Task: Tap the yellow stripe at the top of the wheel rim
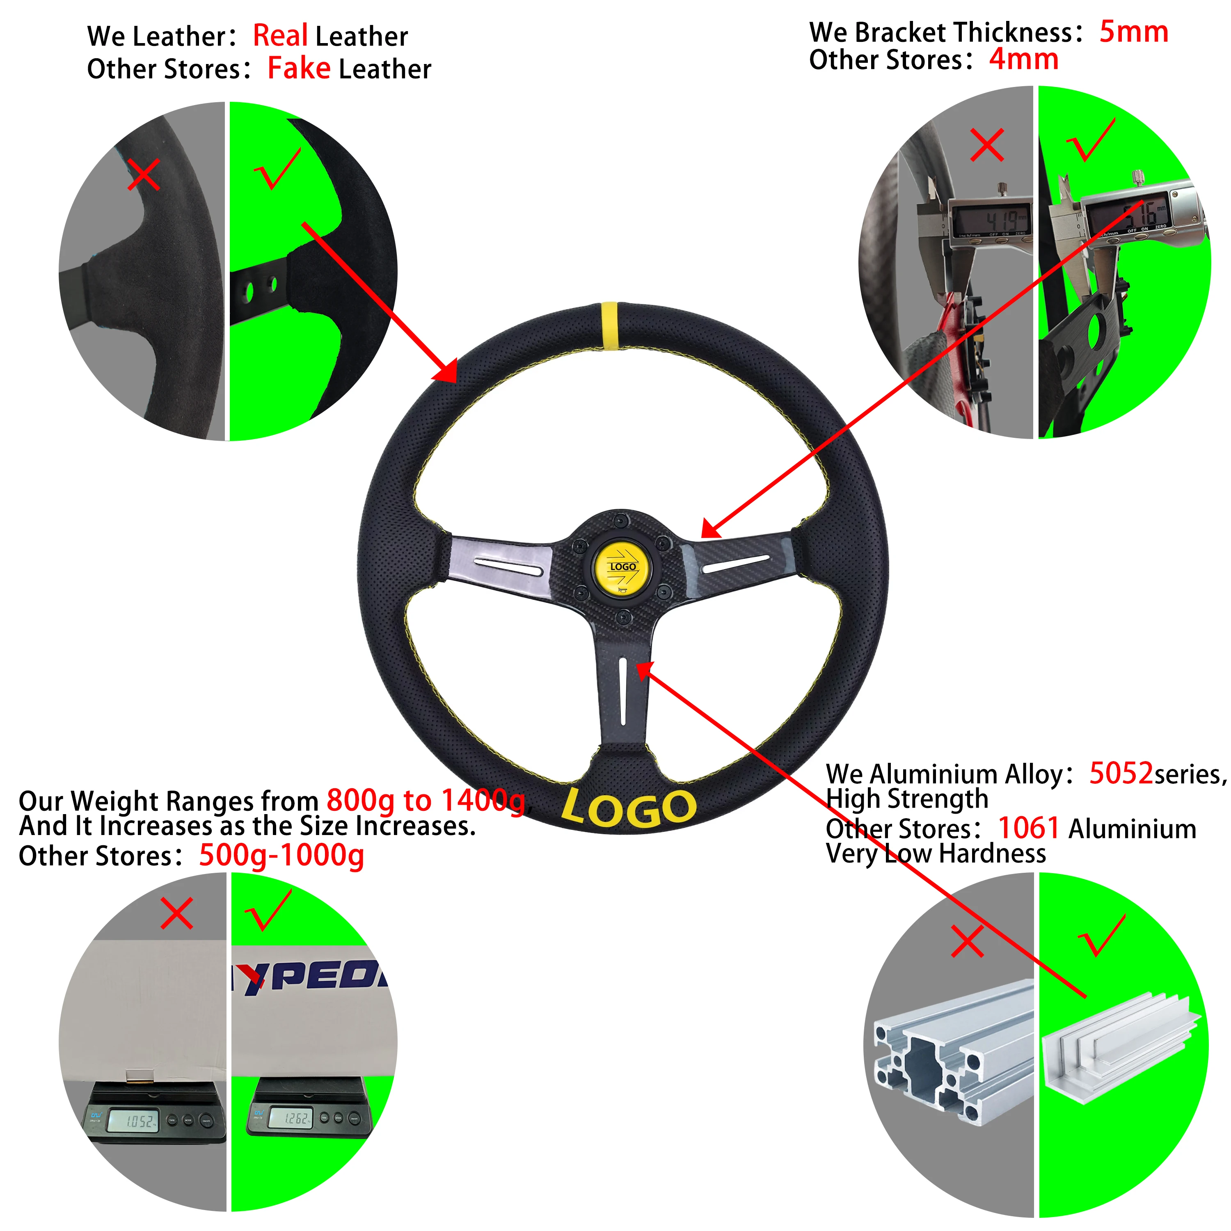(x=610, y=325)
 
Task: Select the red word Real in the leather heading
(x=280, y=36)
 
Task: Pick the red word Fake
(x=299, y=68)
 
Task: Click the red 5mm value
(x=1133, y=32)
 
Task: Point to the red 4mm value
(x=1023, y=60)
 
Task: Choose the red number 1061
(x=1028, y=828)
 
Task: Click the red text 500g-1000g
(x=281, y=855)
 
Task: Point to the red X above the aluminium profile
(x=967, y=941)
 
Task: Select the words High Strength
(x=907, y=799)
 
